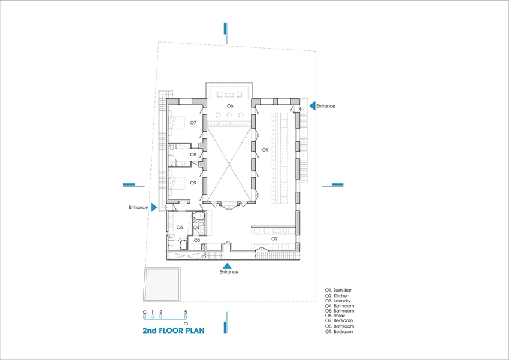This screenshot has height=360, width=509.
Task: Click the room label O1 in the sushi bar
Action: [x=265, y=150]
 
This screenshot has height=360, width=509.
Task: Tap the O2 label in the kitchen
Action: [x=275, y=238]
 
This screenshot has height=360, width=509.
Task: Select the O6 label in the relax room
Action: [x=230, y=106]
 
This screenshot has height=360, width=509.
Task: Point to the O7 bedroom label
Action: [x=193, y=122]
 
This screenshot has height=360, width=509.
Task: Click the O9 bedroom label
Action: [x=193, y=183]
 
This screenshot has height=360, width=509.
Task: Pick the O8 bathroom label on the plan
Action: [x=193, y=155]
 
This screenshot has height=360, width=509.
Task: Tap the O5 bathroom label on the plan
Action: [x=180, y=227]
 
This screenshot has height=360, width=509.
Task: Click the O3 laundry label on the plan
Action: [x=197, y=240]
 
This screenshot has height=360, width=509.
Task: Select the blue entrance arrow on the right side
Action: [x=312, y=106]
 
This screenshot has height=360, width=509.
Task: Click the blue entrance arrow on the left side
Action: [x=154, y=207]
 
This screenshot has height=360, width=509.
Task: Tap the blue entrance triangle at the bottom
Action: [x=227, y=266]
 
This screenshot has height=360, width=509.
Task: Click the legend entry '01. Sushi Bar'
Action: [x=338, y=290]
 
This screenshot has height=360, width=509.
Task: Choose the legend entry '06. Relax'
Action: [x=335, y=316]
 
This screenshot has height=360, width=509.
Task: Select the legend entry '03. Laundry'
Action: [x=338, y=301]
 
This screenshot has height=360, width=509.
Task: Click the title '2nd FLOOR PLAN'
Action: [x=173, y=331]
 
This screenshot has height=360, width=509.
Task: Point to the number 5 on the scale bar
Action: [x=186, y=312]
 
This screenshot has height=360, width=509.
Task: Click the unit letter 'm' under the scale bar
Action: [x=186, y=323]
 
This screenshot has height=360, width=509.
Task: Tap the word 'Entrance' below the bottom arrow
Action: [x=229, y=272]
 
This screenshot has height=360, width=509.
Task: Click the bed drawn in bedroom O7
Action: [x=177, y=123]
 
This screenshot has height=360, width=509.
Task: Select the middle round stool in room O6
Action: [x=229, y=115]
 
